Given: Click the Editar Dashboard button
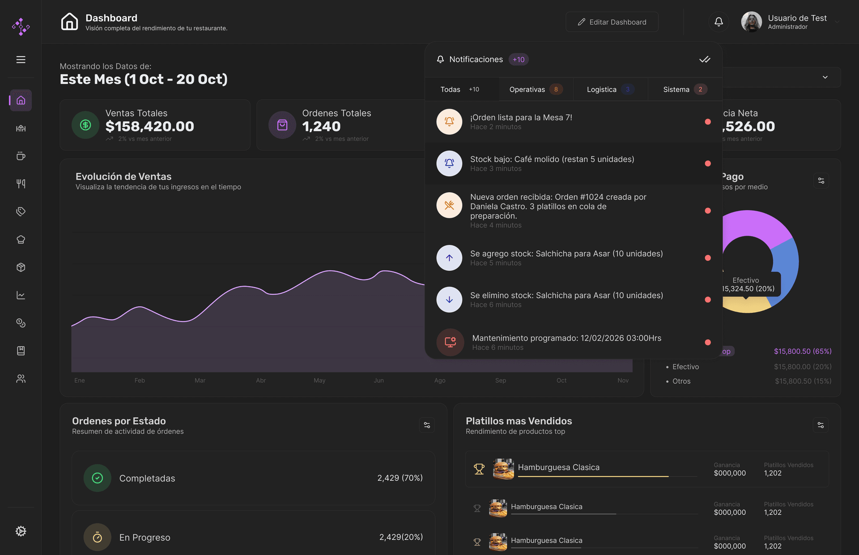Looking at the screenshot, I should [x=612, y=22].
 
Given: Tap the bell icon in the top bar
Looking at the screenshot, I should [x=719, y=22].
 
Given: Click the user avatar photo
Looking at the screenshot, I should [x=751, y=22].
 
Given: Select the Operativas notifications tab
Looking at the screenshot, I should [x=535, y=89].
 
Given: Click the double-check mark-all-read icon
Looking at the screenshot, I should [x=705, y=59].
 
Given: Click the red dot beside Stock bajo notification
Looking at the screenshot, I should [x=708, y=164].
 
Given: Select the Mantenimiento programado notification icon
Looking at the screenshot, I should [x=450, y=343].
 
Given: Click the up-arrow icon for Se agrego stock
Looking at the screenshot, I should [x=449, y=258].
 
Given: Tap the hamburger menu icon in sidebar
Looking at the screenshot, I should [x=21, y=59].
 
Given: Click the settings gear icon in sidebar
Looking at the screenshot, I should [x=21, y=531].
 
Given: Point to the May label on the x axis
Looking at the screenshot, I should [x=319, y=381].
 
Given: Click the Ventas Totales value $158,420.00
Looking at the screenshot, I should [x=149, y=127].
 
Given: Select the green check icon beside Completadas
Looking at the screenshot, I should [x=97, y=478].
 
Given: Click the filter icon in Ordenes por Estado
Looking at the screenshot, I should [x=427, y=425].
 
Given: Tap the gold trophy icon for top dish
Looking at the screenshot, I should [x=479, y=469].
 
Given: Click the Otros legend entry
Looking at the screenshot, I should [x=681, y=381].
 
